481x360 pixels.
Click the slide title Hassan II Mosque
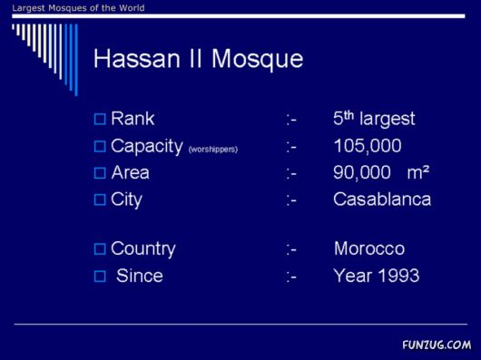click(x=198, y=60)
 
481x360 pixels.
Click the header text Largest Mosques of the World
click(x=72, y=8)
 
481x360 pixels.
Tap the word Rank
click(x=133, y=119)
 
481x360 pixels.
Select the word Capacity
click(x=146, y=146)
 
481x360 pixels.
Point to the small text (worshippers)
click(x=212, y=149)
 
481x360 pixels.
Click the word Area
click(x=130, y=172)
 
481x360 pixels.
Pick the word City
click(x=126, y=199)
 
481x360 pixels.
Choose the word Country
click(x=142, y=248)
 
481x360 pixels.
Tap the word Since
click(x=139, y=276)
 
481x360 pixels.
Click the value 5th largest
click(x=373, y=119)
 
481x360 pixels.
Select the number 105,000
click(x=367, y=146)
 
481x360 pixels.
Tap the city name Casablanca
click(x=381, y=199)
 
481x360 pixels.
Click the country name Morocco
click(x=368, y=248)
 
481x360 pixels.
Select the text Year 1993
click(x=376, y=276)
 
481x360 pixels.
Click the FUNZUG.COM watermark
click(x=437, y=345)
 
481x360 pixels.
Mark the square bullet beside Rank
click(x=100, y=119)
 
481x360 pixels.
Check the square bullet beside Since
click(x=100, y=276)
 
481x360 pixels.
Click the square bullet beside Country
click(x=100, y=248)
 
